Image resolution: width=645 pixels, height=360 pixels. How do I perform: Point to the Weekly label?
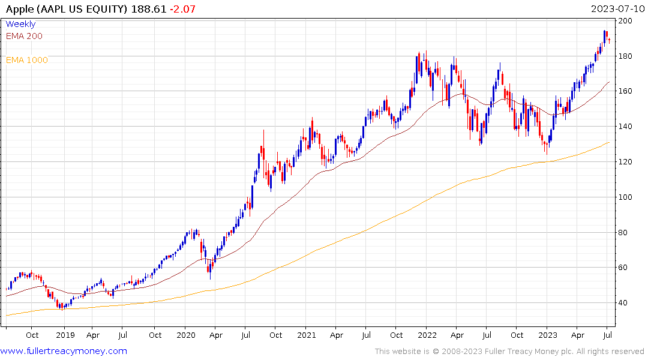click(20, 24)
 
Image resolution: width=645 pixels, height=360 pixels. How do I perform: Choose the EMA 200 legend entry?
click(24, 36)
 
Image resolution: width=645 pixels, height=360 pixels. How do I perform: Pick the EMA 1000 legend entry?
click(26, 60)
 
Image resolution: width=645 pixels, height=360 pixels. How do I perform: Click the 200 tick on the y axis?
click(626, 21)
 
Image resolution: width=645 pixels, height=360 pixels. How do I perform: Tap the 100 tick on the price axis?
click(626, 197)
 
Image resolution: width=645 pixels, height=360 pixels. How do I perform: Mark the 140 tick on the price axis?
click(626, 127)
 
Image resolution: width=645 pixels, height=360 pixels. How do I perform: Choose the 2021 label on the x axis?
click(307, 335)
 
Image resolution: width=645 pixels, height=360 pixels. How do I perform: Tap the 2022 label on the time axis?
click(427, 335)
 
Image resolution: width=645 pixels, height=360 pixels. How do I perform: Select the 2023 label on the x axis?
click(548, 335)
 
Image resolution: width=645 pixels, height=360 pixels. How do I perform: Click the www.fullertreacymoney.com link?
click(64, 351)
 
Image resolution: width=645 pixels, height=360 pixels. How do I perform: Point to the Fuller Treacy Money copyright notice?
click(509, 351)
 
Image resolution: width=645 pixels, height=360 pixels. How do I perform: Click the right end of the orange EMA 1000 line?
click(610, 142)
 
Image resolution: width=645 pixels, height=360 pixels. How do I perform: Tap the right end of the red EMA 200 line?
click(610, 82)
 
